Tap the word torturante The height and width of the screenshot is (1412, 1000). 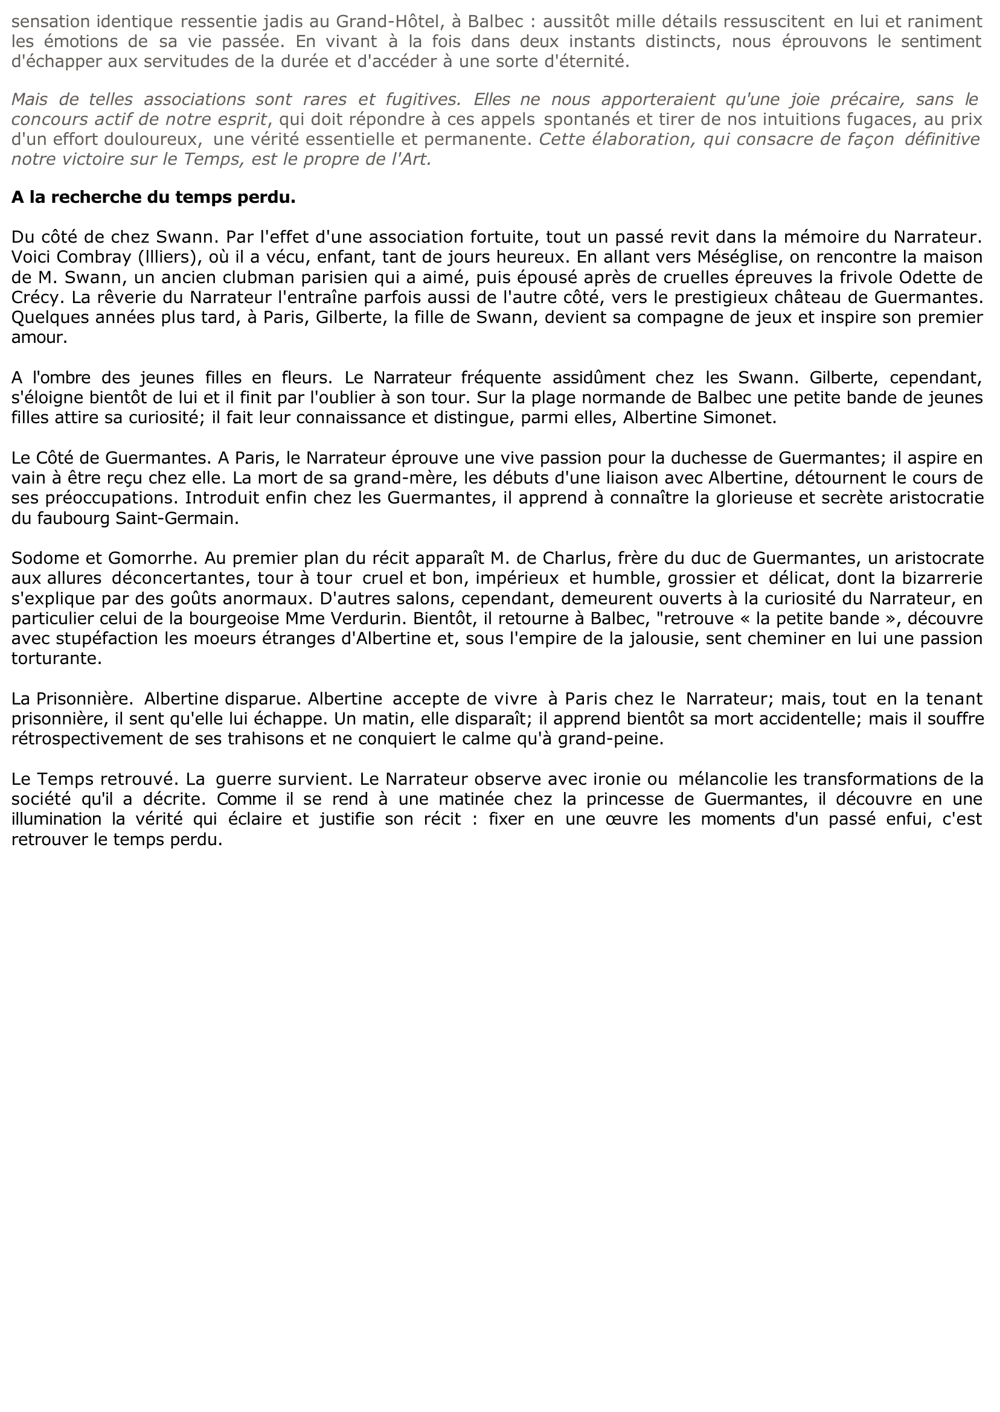(56, 658)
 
